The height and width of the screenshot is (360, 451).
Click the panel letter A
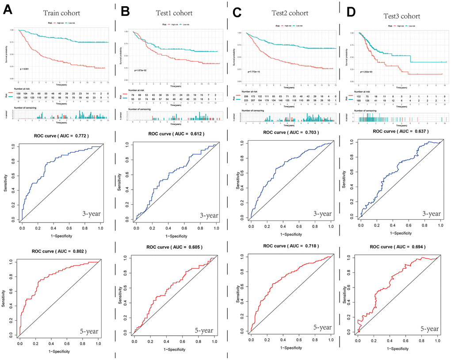(x=8, y=10)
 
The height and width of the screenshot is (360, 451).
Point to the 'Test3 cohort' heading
(x=397, y=16)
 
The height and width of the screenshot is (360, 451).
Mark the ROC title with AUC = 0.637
(x=400, y=131)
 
